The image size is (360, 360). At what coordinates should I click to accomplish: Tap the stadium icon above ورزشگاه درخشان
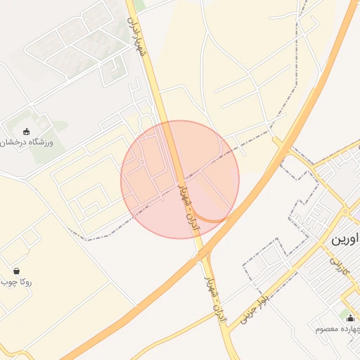(x=27, y=131)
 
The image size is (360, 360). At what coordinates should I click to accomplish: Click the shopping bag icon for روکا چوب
(x=16, y=271)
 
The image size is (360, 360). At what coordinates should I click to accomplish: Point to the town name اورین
(x=345, y=239)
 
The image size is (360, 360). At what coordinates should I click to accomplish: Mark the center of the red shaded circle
(x=180, y=180)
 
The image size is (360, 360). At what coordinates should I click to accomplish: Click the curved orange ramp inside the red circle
(x=211, y=219)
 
